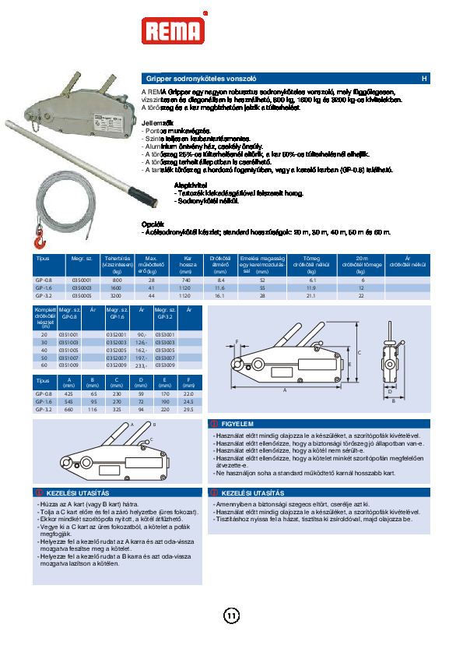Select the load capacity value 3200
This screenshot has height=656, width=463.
pos(118,295)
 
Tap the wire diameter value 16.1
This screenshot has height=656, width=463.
pos(220,295)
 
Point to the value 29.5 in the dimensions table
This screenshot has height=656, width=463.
pos(188,409)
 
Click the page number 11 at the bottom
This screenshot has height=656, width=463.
pos(231,616)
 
